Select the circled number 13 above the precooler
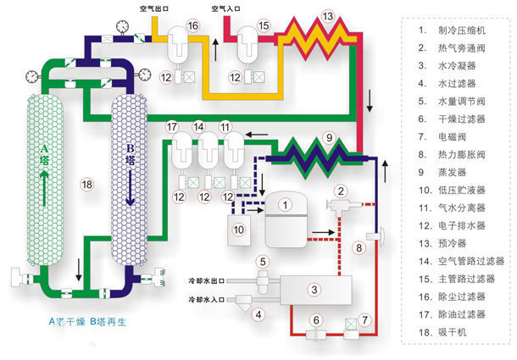[x=328, y=14]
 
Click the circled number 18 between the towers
[x=86, y=184]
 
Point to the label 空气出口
[x=156, y=8]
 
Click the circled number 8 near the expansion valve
[x=359, y=247]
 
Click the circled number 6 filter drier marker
[x=314, y=319]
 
